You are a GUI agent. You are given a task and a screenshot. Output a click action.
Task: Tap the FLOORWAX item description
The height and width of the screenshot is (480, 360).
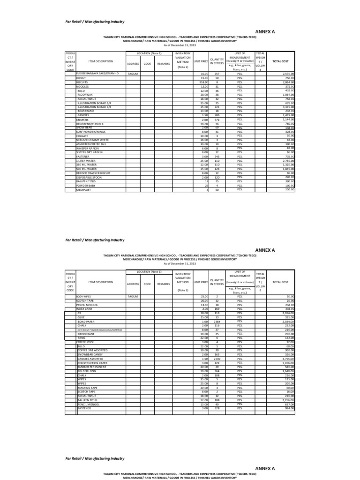pyautogui.click(x=86, y=95)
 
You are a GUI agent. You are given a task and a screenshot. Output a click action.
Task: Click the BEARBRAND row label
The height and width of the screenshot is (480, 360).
pyautogui.click(x=86, y=111)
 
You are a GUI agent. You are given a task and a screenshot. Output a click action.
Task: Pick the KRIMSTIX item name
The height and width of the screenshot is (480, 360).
pyautogui.click(x=82, y=120)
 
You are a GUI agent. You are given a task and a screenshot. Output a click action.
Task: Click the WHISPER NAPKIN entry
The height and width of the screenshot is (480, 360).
pyautogui.click(x=86, y=149)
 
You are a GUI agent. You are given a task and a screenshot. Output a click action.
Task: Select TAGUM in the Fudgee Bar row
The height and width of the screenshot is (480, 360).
pyautogui.click(x=133, y=74)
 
